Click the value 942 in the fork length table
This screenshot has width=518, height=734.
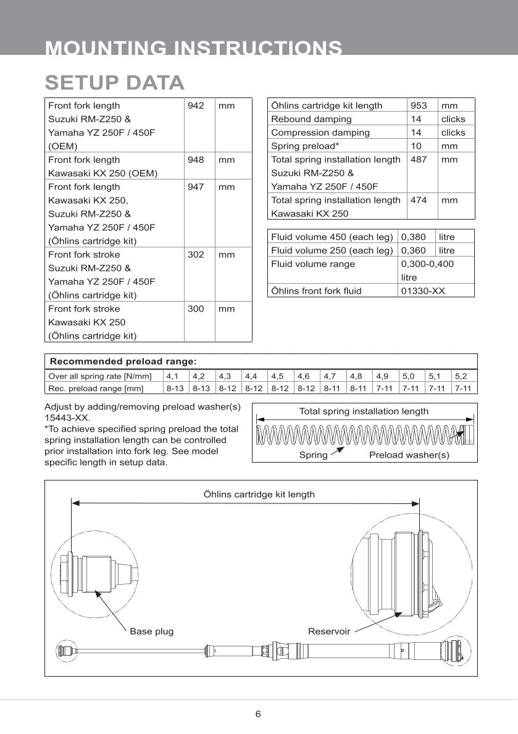196,105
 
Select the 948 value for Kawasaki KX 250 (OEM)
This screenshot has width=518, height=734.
196,160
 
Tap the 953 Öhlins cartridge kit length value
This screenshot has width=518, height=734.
419,105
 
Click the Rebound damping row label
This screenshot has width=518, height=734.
311,119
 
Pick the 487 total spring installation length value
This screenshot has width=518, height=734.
419,160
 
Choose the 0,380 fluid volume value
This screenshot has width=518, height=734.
414,237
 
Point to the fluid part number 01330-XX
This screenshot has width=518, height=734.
423,291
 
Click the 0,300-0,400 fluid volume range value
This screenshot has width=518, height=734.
427,264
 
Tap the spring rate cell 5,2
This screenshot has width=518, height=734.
461,376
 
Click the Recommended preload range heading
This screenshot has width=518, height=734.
123,361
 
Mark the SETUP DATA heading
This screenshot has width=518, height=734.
115,83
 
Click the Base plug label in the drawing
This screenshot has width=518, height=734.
151,632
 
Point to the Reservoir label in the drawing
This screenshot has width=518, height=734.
329,632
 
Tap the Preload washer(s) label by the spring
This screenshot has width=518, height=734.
409,455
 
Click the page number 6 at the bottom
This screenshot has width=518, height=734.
258,714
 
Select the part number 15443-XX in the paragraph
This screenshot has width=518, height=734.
67,418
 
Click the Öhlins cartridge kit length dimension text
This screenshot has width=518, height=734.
259,494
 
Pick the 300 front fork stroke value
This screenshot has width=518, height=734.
196,309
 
